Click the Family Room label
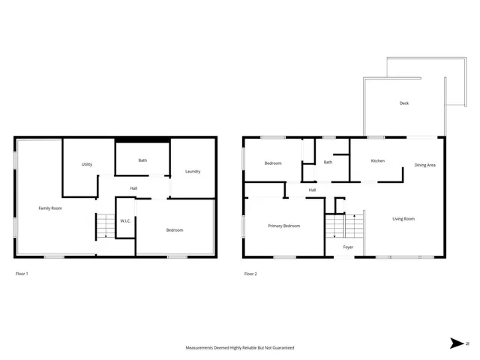50,208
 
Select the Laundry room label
193,172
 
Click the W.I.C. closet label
125,220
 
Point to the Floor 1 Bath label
142,160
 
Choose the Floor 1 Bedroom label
174,230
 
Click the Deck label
403,103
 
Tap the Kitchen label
378,160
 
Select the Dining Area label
425,165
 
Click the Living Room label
403,219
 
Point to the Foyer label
348,247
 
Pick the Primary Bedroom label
284,226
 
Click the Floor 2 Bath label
328,162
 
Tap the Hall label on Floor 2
312,190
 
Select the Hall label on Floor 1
133,188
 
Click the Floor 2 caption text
250,274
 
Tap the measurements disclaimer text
240,348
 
